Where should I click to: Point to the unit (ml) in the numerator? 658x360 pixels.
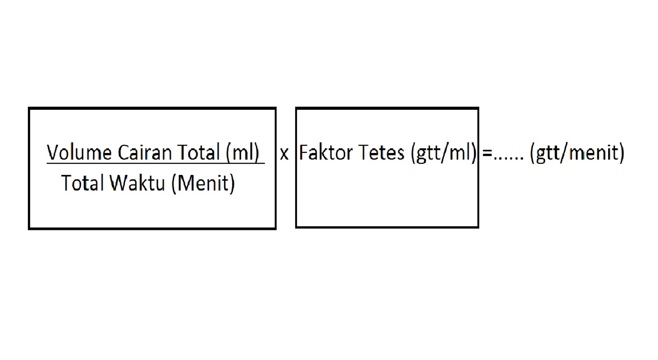(x=243, y=153)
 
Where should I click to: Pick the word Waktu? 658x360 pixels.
(x=137, y=183)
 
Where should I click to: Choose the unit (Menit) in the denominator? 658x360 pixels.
(x=203, y=183)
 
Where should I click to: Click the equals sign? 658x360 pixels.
(x=487, y=153)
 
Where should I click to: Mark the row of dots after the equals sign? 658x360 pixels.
(x=508, y=158)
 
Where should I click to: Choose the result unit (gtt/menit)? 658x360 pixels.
(x=577, y=153)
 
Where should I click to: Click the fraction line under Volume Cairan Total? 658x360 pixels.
(x=155, y=164)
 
